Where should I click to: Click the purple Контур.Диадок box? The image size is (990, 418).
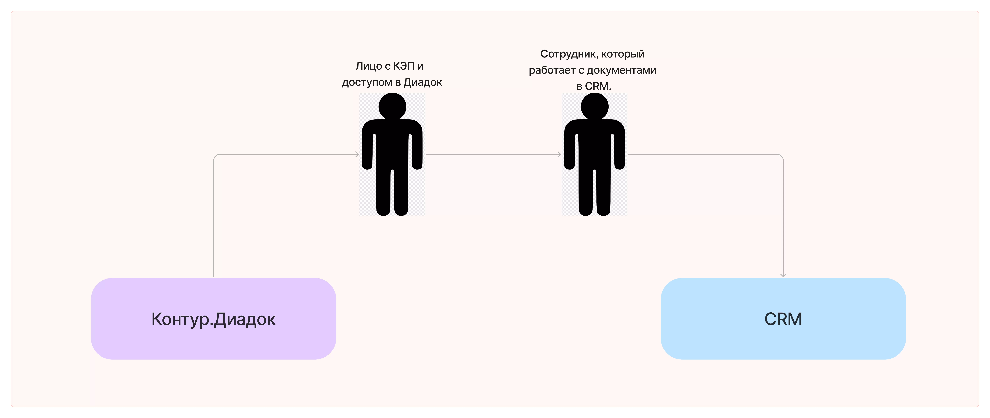click(213, 319)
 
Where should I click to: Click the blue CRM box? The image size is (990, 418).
click(783, 319)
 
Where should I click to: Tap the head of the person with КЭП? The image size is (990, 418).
click(392, 106)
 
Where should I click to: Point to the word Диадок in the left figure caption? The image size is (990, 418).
click(423, 82)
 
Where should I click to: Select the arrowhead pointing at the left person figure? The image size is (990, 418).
click(357, 154)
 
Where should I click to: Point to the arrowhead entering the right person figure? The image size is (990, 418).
click(559, 154)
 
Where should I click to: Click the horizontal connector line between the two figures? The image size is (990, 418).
click(492, 154)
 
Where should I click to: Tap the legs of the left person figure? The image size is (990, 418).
click(392, 192)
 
